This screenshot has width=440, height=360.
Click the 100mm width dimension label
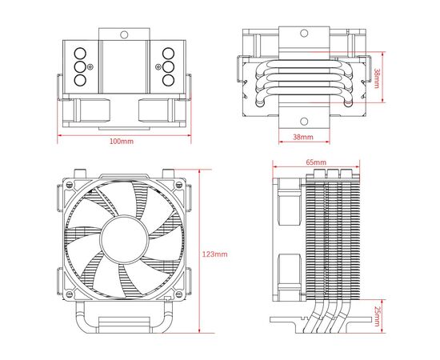tap(122, 141)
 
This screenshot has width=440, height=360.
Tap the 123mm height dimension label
tap(215, 254)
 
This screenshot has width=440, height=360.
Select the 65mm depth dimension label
tap(316, 162)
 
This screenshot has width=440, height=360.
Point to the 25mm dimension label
tap(377, 316)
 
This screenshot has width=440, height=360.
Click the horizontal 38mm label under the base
tap(303, 137)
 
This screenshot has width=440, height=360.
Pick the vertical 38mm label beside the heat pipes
tap(377, 78)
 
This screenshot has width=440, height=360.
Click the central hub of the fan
tap(124, 239)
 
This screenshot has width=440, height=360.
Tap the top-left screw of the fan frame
tap(70, 185)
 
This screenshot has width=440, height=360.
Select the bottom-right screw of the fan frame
tap(178, 294)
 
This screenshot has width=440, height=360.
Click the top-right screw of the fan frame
tap(178, 185)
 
